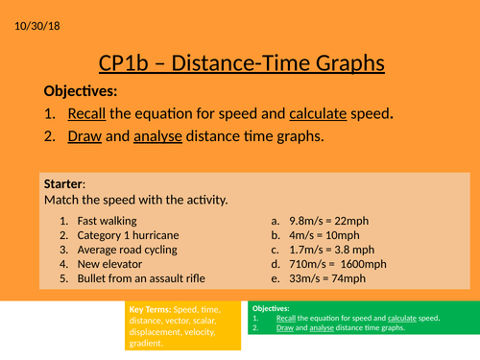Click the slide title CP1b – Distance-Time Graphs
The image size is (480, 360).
241,63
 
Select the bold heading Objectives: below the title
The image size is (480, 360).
81,92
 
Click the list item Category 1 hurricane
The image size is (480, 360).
132,235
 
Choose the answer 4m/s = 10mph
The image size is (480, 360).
327,235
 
